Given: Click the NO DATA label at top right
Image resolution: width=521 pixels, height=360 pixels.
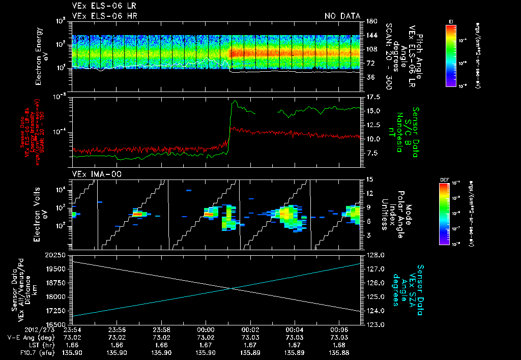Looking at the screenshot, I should tap(342, 16).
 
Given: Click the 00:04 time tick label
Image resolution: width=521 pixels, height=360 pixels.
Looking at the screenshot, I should tap(295, 329).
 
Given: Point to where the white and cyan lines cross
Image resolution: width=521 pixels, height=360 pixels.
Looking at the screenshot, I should tap(233, 288).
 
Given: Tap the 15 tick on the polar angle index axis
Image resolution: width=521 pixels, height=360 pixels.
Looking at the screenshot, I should tap(370, 179).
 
